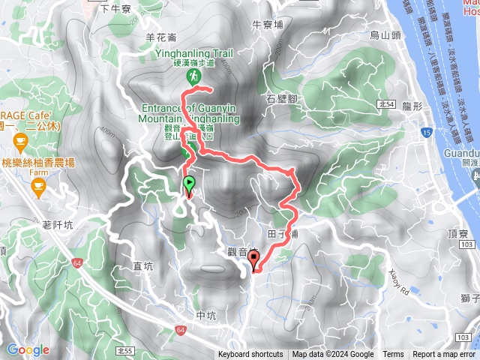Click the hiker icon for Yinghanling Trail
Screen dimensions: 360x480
click(x=194, y=76)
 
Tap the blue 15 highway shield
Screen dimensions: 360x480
click(x=426, y=133)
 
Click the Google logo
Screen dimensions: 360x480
click(x=28, y=349)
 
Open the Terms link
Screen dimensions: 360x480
click(x=393, y=355)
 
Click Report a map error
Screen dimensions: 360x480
click(x=444, y=355)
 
